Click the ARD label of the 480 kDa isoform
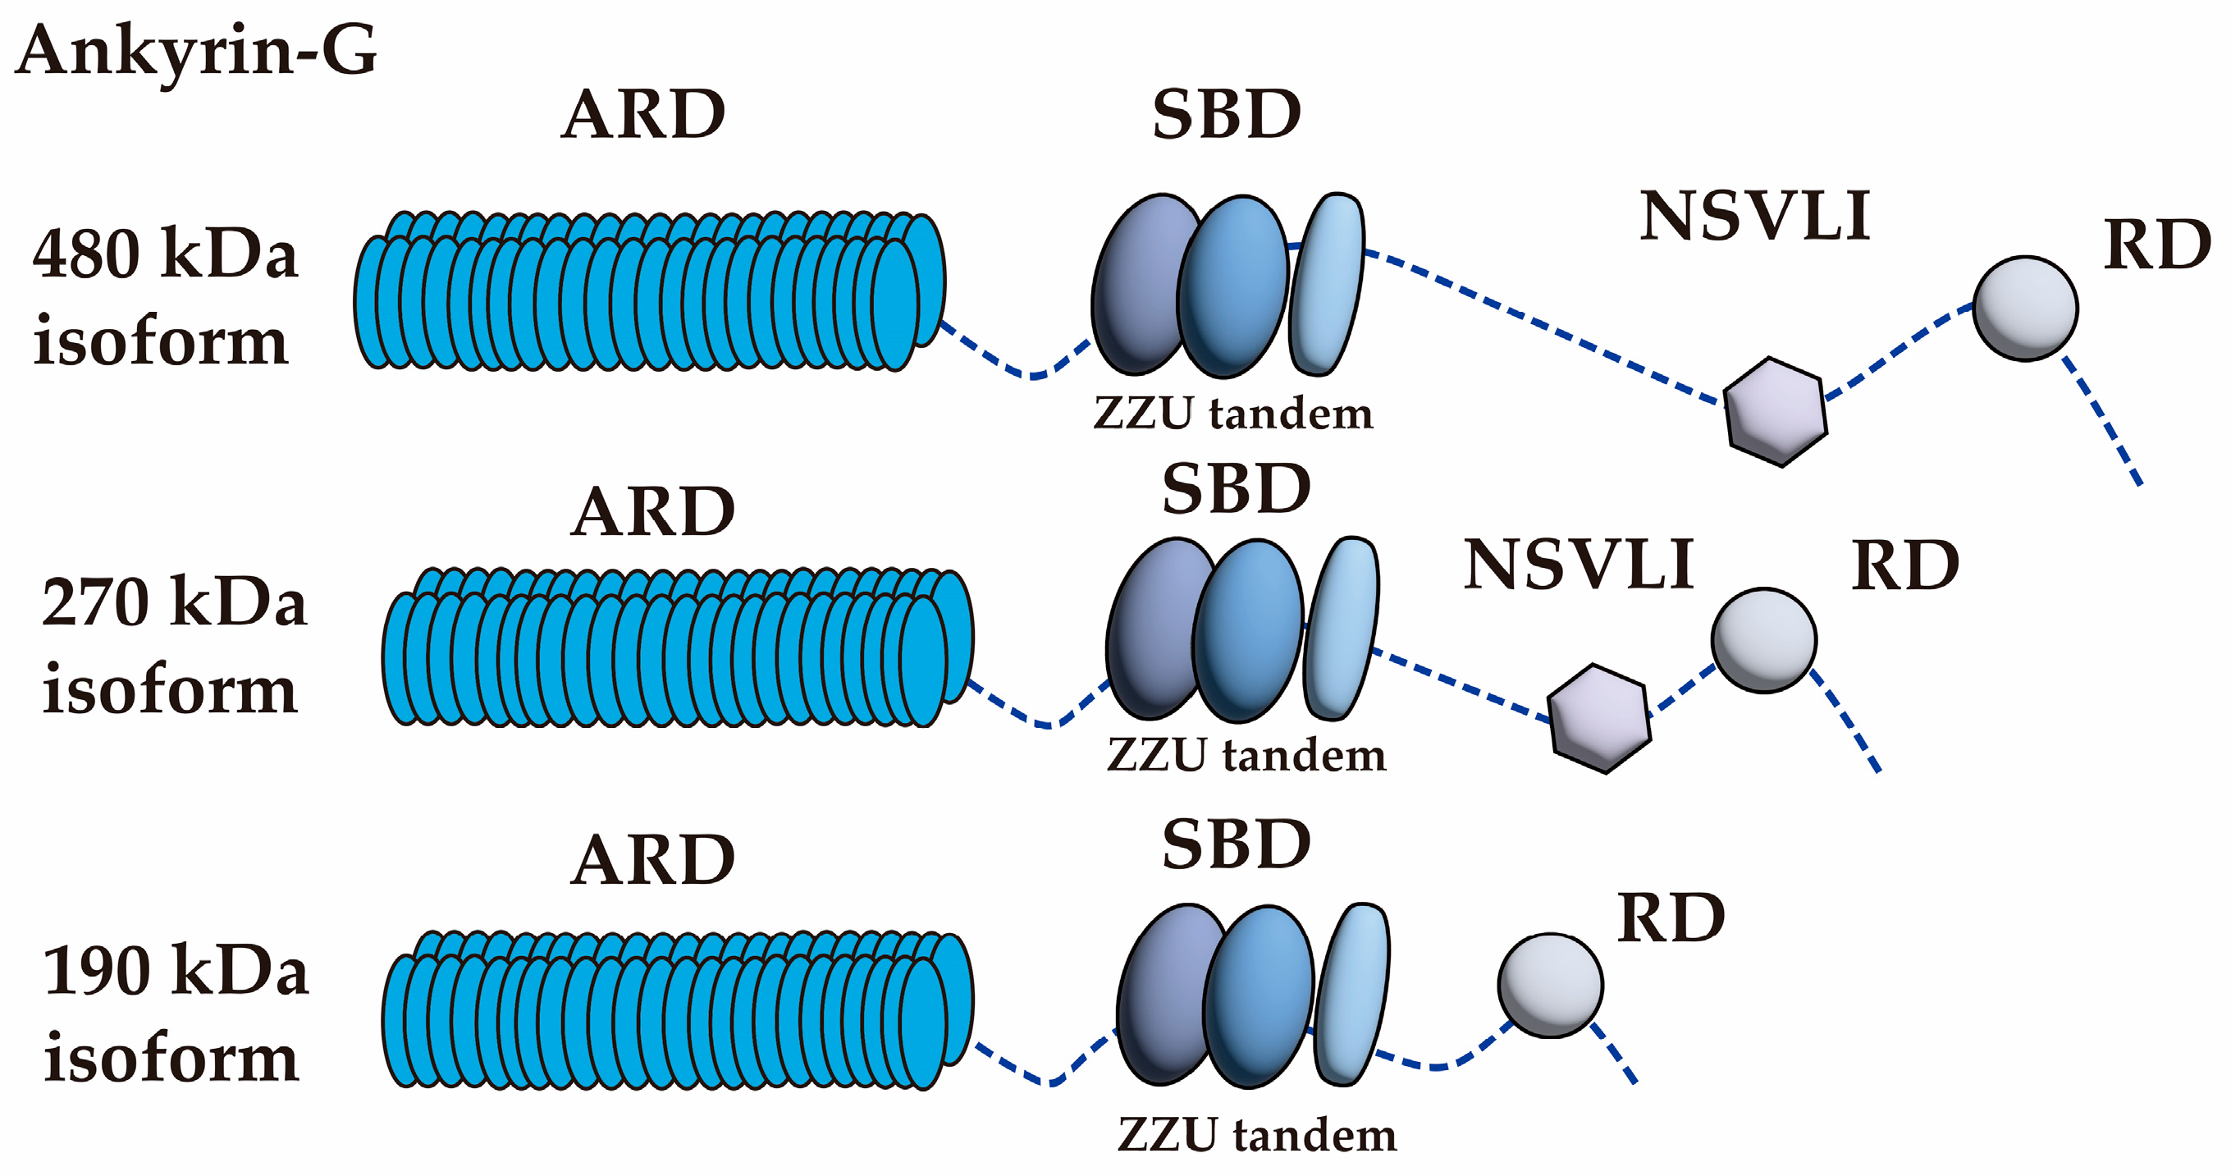pos(642,114)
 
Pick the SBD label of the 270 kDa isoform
pos(1236,489)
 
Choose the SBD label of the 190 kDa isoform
pos(1236,845)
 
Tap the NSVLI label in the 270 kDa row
pos(1578,565)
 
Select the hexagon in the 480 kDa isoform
pos(1776,411)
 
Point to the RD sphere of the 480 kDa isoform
pos(2025,308)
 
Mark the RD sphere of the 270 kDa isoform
pos(1763,640)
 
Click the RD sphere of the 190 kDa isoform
pos(1550,985)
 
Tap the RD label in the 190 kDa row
pos(1671,918)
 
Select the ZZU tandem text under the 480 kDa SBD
pos(1233,413)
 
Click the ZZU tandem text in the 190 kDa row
pos(1257,1134)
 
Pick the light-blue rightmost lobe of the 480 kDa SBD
pos(1327,284)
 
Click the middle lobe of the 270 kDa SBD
pos(1247,630)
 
